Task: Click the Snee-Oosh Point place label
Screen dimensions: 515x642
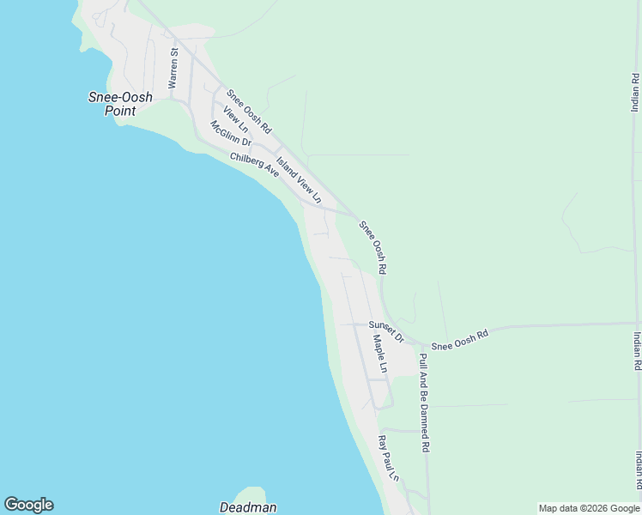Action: click(120, 104)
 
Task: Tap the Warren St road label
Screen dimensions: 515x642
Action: click(173, 69)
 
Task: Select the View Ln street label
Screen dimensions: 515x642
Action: click(235, 119)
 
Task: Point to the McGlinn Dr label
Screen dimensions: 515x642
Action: click(230, 133)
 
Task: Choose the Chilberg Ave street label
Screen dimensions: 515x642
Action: click(255, 165)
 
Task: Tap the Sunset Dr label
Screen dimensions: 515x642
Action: click(386, 330)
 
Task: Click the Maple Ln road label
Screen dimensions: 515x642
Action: click(380, 354)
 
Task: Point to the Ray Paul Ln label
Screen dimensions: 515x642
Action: click(389, 459)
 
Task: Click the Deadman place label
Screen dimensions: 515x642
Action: click(247, 507)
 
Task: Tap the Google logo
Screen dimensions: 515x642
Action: click(28, 505)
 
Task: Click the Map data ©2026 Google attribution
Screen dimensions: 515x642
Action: click(589, 508)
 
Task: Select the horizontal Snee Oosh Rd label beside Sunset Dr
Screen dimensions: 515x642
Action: click(459, 340)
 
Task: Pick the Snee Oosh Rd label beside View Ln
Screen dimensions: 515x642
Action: click(249, 111)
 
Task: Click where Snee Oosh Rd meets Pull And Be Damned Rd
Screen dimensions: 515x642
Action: click(421, 342)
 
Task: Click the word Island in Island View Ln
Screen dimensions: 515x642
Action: click(286, 167)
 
